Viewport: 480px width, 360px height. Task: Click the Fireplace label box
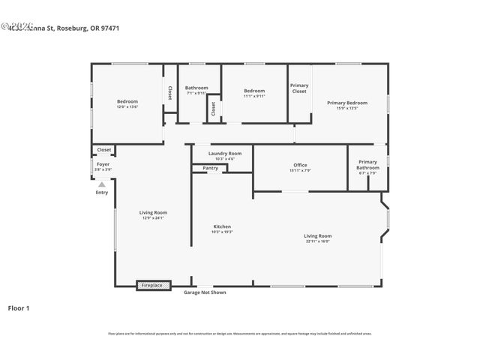pyautogui.click(x=152, y=285)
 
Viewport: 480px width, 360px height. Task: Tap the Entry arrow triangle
pyautogui.click(x=102, y=184)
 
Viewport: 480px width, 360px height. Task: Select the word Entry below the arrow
pyautogui.click(x=102, y=193)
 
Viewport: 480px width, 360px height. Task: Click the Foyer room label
pyautogui.click(x=103, y=164)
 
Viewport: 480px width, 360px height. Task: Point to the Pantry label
pyautogui.click(x=211, y=168)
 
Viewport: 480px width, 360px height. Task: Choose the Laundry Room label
pyautogui.click(x=225, y=153)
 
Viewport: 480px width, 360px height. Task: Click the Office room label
pyautogui.click(x=300, y=165)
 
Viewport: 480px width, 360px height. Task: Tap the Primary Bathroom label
pyautogui.click(x=367, y=164)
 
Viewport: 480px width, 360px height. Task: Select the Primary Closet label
pyautogui.click(x=299, y=88)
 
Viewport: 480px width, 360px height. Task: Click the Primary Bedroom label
pyautogui.click(x=347, y=102)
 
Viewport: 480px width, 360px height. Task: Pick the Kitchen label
pyautogui.click(x=222, y=226)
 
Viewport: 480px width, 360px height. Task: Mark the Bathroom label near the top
pyautogui.click(x=196, y=88)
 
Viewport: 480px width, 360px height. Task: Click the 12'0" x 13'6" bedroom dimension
pyautogui.click(x=127, y=107)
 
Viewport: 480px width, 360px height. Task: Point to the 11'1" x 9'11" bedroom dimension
pyautogui.click(x=254, y=96)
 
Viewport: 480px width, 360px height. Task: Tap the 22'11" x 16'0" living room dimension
pyautogui.click(x=318, y=241)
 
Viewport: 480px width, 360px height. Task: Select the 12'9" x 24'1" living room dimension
pyautogui.click(x=153, y=218)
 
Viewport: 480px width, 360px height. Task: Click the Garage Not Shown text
pyautogui.click(x=205, y=292)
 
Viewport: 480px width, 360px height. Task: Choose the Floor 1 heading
pyautogui.click(x=19, y=307)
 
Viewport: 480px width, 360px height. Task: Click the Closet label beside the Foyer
pyautogui.click(x=104, y=150)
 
